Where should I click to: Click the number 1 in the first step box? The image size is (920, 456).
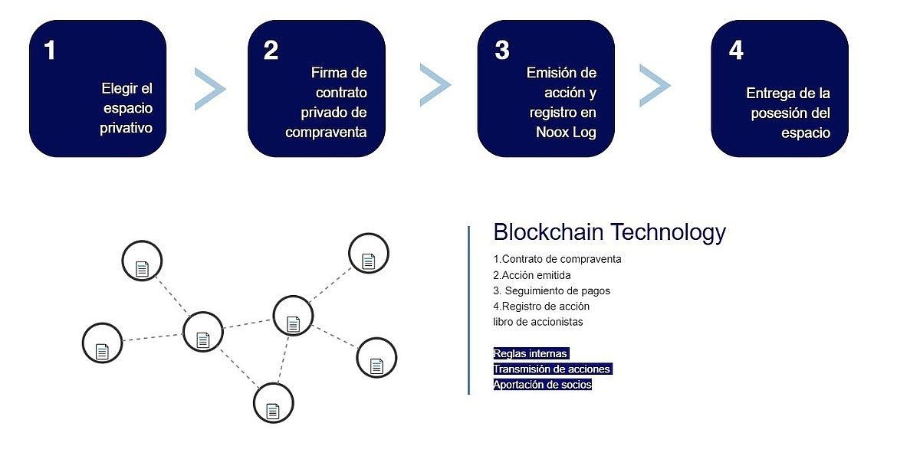tap(50, 51)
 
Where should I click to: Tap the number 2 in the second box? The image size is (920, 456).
tap(271, 51)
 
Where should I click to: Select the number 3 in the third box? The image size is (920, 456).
tap(502, 51)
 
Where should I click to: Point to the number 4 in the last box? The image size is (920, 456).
tap(736, 51)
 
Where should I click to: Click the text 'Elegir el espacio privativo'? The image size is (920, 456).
tap(127, 108)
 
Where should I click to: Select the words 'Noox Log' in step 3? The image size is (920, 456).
tap(566, 132)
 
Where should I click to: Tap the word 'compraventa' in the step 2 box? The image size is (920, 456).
tap(326, 132)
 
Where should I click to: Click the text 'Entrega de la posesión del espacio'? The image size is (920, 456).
tap(787, 113)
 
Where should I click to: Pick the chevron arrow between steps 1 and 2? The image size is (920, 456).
tap(209, 88)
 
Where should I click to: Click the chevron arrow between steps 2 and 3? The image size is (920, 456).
tap(435, 84)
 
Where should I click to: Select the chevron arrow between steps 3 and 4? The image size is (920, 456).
tap(654, 84)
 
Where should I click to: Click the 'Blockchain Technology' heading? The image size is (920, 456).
tap(609, 232)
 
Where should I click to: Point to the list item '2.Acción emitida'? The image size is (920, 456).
tap(532, 275)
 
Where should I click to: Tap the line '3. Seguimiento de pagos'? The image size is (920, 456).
tap(552, 290)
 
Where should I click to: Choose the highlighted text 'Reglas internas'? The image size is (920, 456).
tap(531, 353)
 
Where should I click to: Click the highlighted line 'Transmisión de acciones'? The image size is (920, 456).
tap(552, 369)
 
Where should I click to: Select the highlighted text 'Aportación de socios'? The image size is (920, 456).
tap(543, 385)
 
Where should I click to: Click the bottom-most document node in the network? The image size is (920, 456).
tap(273, 402)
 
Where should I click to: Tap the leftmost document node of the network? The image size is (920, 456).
tap(102, 343)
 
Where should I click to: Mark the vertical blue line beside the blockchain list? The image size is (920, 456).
tap(468, 310)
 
